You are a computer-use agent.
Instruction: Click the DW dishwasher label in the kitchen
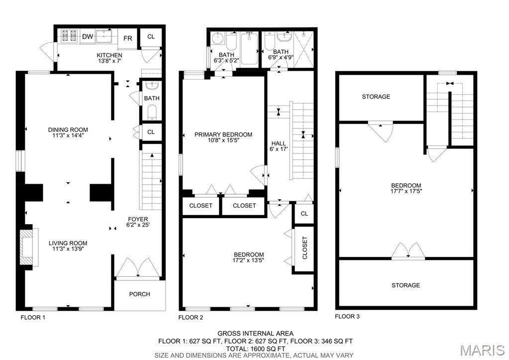coord(88,36)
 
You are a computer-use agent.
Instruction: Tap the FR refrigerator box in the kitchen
coord(128,38)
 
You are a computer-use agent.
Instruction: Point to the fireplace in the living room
coord(28,247)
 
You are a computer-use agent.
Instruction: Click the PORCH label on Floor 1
coord(139,294)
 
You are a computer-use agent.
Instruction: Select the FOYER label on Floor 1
coord(138,219)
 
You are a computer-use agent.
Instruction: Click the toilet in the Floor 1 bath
coord(152,112)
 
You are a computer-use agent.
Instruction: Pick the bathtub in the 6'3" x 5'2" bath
coord(249,48)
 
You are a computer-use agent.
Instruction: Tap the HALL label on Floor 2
coord(279,143)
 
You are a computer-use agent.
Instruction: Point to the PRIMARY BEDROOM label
coord(223,134)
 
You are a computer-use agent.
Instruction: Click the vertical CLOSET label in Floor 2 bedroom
coord(304,248)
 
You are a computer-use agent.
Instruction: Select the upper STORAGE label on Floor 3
coord(376,97)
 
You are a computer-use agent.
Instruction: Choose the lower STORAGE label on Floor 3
coord(406,285)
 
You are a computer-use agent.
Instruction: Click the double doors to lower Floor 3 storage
coord(408,251)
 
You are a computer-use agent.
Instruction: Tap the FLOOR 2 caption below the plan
coord(191,317)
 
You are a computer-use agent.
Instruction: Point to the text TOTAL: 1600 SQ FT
coord(255,349)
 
